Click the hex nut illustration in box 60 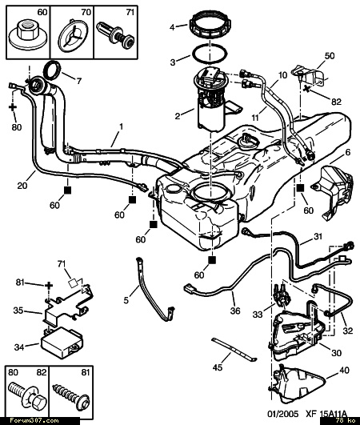pos(28,36)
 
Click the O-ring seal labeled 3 pos(210,54)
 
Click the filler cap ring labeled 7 pos(52,70)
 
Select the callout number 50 pos(330,55)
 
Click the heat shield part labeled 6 pos(334,192)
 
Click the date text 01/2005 pos(282,414)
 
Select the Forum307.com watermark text pos(34,421)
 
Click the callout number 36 pos(235,311)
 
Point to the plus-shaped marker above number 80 pos(13,107)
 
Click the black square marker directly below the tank pos(212,260)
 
